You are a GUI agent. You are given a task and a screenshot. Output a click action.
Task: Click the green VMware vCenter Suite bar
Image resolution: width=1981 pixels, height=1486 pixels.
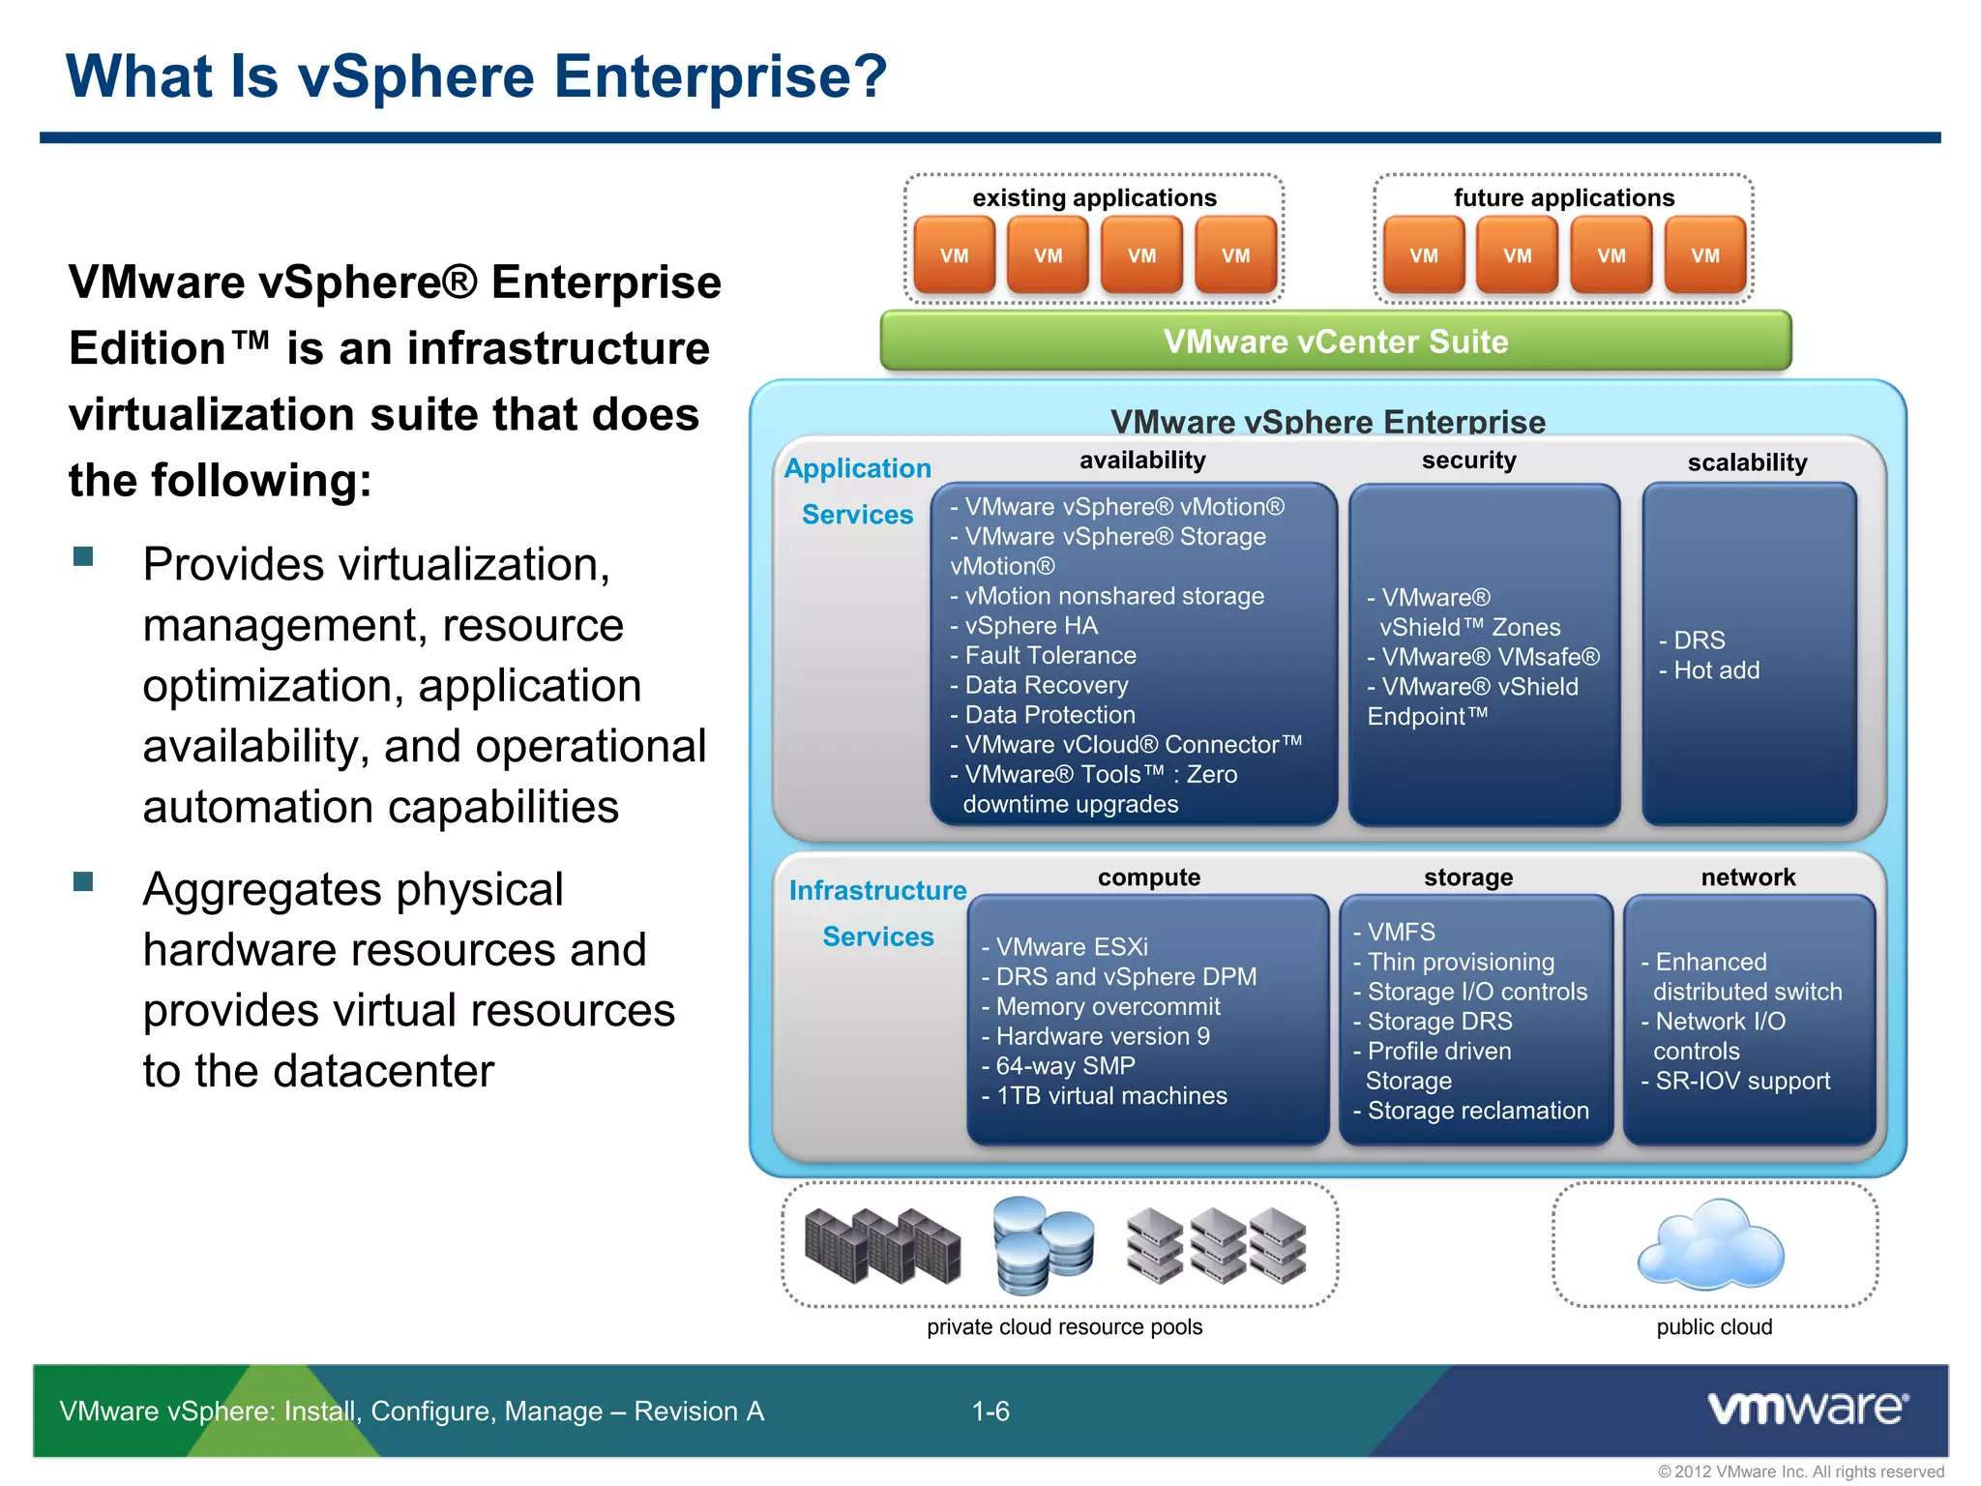click(x=1335, y=342)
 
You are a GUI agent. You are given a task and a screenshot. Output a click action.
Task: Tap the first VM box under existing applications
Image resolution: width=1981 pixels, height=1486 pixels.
click(x=954, y=255)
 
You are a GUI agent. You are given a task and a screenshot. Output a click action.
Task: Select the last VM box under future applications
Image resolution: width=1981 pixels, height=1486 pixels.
click(x=1704, y=255)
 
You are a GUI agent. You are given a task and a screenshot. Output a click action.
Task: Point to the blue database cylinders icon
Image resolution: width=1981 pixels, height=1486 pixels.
click(x=1042, y=1245)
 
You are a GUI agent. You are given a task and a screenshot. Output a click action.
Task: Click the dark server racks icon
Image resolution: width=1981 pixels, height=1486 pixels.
click(x=882, y=1246)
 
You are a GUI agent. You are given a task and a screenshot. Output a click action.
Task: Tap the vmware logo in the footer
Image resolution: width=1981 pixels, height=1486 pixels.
click(x=1807, y=1409)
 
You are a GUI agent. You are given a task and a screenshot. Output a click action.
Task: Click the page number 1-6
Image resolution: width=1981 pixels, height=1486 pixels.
click(x=990, y=1412)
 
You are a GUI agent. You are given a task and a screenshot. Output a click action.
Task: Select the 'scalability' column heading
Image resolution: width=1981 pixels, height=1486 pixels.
click(x=1747, y=462)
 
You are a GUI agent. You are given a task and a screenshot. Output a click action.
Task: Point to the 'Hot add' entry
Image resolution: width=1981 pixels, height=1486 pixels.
click(x=1715, y=670)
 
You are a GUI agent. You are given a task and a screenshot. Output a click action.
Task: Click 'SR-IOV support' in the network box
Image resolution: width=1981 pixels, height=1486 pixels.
click(x=1741, y=1081)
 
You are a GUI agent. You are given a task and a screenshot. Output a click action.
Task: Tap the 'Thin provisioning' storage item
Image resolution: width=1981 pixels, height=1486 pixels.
click(x=1460, y=962)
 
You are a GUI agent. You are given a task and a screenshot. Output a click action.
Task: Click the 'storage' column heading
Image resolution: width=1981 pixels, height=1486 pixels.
click(x=1467, y=877)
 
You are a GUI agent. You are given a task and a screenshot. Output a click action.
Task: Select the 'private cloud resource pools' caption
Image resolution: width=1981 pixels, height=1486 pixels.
click(x=1064, y=1327)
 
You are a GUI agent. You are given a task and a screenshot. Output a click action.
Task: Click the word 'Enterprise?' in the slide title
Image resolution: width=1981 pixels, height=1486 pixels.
click(x=720, y=76)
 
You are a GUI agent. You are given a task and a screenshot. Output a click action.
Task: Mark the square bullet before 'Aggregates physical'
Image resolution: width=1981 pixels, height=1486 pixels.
click(x=84, y=881)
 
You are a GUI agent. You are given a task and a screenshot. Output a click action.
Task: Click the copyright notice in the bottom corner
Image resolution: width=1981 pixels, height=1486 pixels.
click(x=1800, y=1471)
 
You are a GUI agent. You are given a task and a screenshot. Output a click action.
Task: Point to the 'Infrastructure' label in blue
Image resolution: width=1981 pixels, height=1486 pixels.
click(x=877, y=890)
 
